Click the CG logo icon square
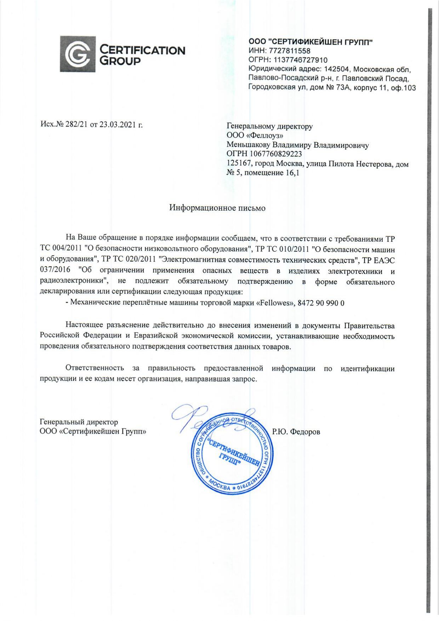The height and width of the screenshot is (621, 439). (x=78, y=54)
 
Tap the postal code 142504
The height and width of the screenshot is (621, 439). (x=338, y=69)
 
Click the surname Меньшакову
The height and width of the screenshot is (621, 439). (x=249, y=145)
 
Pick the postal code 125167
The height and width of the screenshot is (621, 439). (x=239, y=164)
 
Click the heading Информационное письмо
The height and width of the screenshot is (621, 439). (x=217, y=208)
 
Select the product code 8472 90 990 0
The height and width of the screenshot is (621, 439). (x=321, y=303)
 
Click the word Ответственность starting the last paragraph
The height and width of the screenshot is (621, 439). (x=95, y=368)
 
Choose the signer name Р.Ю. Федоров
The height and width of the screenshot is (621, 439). (x=296, y=432)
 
